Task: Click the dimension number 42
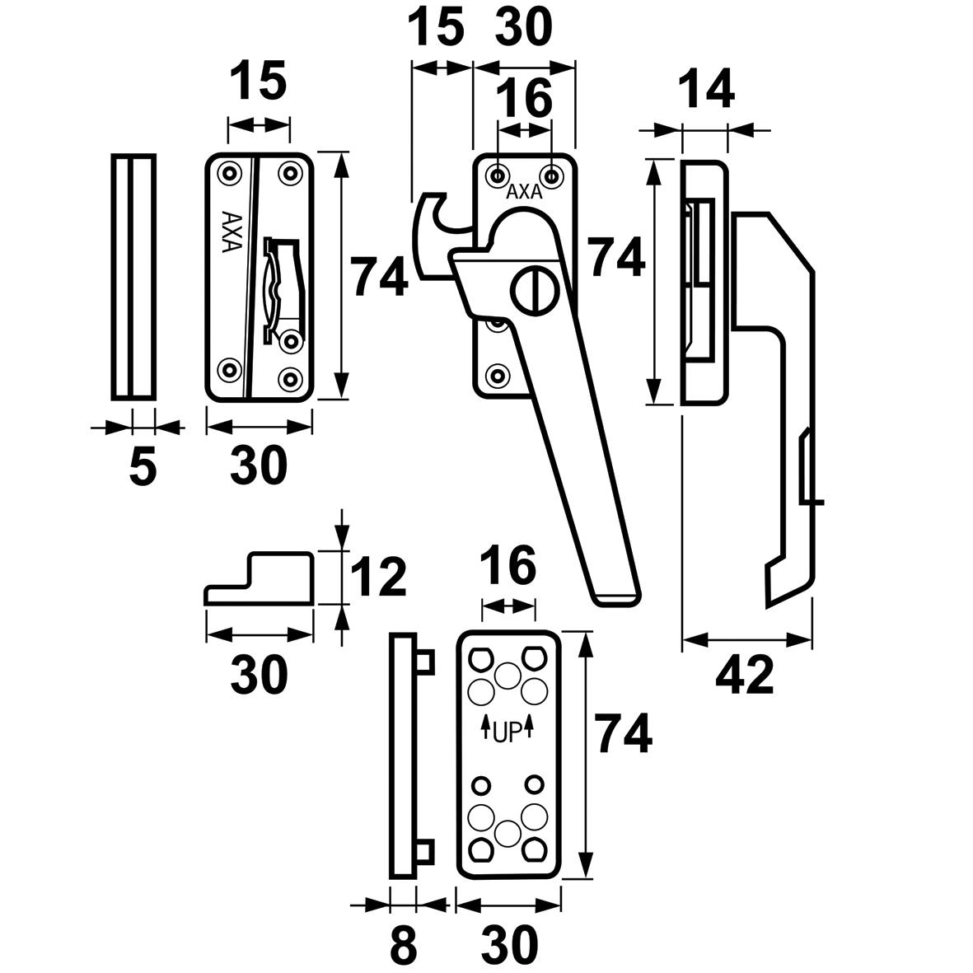pyautogui.click(x=745, y=676)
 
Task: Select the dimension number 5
pyautogui.click(x=143, y=468)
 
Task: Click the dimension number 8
pyautogui.click(x=403, y=947)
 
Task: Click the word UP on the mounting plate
pyautogui.click(x=508, y=731)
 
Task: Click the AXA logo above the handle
pyautogui.click(x=524, y=193)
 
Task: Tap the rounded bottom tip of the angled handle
pyautogui.click(x=615, y=599)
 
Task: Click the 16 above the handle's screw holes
pyautogui.click(x=526, y=98)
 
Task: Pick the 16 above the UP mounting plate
pyautogui.click(x=508, y=566)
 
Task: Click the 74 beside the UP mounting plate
pyautogui.click(x=624, y=735)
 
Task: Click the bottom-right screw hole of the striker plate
pyautogui.click(x=290, y=378)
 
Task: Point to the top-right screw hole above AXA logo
pyautogui.click(x=551, y=175)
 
